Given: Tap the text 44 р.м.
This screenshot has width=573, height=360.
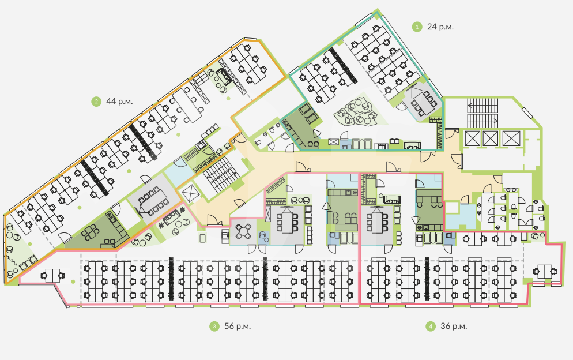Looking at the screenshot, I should pyautogui.click(x=119, y=102).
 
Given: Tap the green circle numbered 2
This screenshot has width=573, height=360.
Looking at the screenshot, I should pyautogui.click(x=95, y=102).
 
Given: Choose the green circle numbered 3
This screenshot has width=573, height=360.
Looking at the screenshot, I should pyautogui.click(x=214, y=327).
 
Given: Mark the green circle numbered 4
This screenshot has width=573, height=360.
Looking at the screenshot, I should pyautogui.click(x=430, y=327).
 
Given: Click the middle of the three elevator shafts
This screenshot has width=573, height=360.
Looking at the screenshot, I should pyautogui.click(x=490, y=138).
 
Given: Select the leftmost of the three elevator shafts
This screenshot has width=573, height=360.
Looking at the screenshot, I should pyautogui.click(x=471, y=138).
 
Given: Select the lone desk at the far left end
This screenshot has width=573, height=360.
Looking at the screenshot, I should pyautogui.click(x=51, y=275).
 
